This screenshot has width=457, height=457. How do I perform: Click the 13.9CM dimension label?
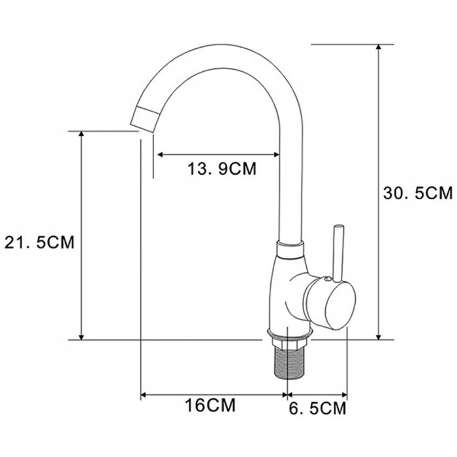(222, 168)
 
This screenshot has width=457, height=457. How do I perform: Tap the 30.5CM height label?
(418, 193)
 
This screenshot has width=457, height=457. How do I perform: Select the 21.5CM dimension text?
(40, 242)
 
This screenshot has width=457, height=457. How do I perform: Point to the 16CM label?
(210, 405)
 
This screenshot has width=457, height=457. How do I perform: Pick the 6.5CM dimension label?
(317, 408)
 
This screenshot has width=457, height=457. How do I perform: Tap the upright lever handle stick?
(338, 253)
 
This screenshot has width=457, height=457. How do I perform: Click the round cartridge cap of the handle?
(340, 306)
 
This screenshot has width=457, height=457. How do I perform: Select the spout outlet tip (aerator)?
(145, 119)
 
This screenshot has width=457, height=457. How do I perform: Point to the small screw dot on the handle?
(327, 279)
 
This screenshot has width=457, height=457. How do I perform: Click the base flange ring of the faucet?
(290, 334)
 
